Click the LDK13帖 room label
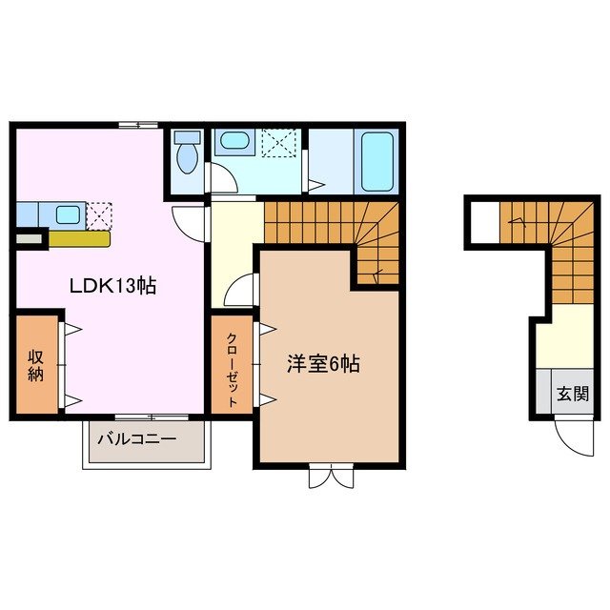pyautogui.click(x=111, y=284)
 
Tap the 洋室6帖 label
pyautogui.click(x=323, y=363)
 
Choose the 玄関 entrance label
pyautogui.click(x=573, y=393)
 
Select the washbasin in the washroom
pyautogui.click(x=233, y=143)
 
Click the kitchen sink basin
pyautogui.click(x=66, y=214)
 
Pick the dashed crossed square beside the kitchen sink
pyautogui.click(x=100, y=215)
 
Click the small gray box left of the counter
pyautogui.click(x=28, y=238)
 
